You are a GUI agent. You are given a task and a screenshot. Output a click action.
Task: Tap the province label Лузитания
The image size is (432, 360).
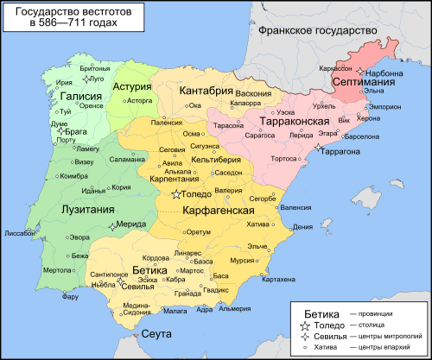tap(85, 209)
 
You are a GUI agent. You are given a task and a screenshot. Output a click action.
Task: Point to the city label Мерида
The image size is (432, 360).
tap(130, 224)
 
